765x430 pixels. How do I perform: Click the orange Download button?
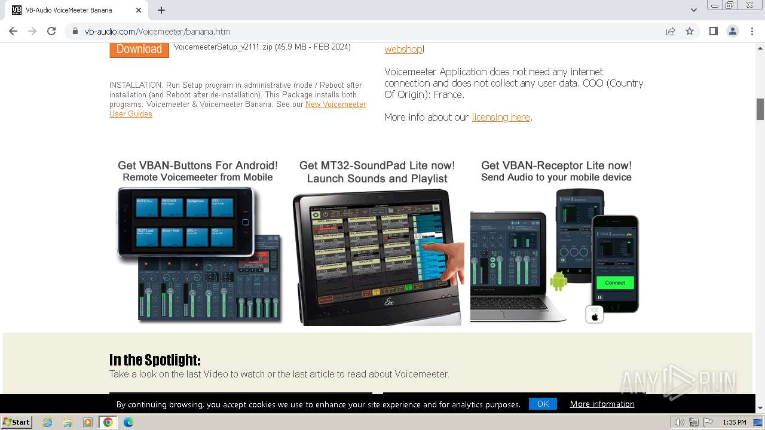(139, 49)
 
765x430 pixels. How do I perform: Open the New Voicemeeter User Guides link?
(335, 105)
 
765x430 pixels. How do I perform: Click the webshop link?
(403, 49)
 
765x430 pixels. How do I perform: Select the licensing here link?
(501, 117)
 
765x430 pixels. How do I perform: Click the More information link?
(602, 404)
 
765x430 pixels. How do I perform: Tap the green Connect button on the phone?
(614, 282)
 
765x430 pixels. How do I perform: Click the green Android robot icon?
(558, 281)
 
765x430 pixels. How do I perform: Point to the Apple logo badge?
(594, 314)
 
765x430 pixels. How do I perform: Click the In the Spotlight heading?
(155, 360)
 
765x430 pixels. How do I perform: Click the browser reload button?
(51, 31)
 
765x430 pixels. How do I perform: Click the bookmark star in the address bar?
(690, 31)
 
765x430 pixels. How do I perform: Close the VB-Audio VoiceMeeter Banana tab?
(139, 10)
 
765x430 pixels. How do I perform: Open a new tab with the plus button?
(161, 10)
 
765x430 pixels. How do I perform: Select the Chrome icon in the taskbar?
(108, 422)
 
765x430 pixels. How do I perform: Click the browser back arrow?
(13, 31)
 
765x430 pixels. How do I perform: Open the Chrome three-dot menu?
(752, 31)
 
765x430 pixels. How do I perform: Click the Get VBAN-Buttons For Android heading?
(198, 165)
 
